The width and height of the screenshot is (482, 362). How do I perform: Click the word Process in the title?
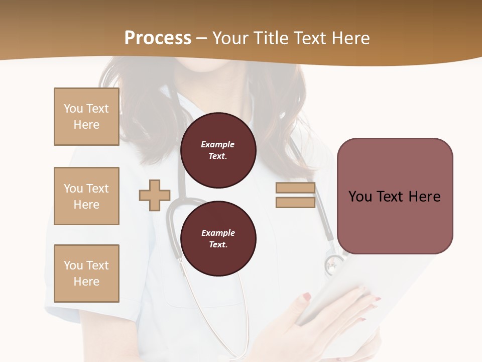[158, 38]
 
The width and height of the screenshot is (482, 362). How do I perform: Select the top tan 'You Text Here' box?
[86, 117]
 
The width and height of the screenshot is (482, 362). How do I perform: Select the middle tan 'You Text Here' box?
[86, 196]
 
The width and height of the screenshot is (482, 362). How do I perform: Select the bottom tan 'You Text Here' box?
[86, 274]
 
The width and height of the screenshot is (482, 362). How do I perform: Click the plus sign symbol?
[155, 195]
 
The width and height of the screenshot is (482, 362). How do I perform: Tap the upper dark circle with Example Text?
[218, 150]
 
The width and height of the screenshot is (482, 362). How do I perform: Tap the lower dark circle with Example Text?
[218, 238]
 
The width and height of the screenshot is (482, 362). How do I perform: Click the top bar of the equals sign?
[295, 188]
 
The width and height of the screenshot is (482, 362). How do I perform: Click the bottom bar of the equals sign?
[295, 202]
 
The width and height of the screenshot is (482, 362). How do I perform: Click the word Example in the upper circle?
[218, 144]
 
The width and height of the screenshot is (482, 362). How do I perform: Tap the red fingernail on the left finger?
[307, 297]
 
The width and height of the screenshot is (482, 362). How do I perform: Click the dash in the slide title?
[201, 39]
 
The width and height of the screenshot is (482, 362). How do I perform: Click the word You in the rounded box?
[360, 197]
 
